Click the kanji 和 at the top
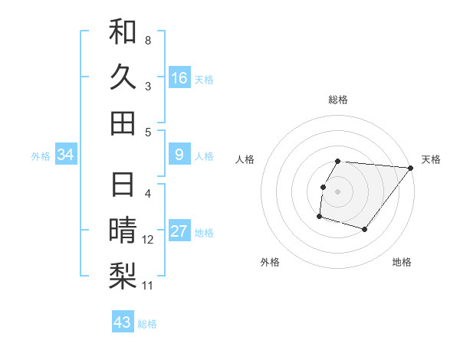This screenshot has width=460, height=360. pos(123,32)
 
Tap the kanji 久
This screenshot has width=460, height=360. pos(123,77)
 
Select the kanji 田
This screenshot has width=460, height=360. pos(123,123)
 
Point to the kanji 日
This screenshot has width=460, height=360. pos(123,186)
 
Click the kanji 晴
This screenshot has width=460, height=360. pos(123,231)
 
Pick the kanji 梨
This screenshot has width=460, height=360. pos(123,275)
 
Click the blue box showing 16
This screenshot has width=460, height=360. pos(179,78)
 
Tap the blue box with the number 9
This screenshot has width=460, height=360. pos(179,155)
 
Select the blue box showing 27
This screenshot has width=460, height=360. pos(179,232)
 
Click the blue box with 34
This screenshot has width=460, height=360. pos(66,155)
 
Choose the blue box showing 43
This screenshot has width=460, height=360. pos(123,322)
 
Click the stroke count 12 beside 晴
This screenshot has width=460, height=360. pos(148,240)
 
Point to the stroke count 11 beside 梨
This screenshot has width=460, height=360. pos(148,286)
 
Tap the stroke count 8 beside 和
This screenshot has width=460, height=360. pos(148,39)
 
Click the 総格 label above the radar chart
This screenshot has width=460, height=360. pos(338,100)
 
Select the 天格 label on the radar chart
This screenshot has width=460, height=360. pos(431,159)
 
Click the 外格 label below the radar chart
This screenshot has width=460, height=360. pos(270,262)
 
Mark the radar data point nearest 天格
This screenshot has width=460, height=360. pos(410,169)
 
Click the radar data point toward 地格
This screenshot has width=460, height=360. pos(365,229)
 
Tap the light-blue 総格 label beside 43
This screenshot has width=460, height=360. pos(147,323)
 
